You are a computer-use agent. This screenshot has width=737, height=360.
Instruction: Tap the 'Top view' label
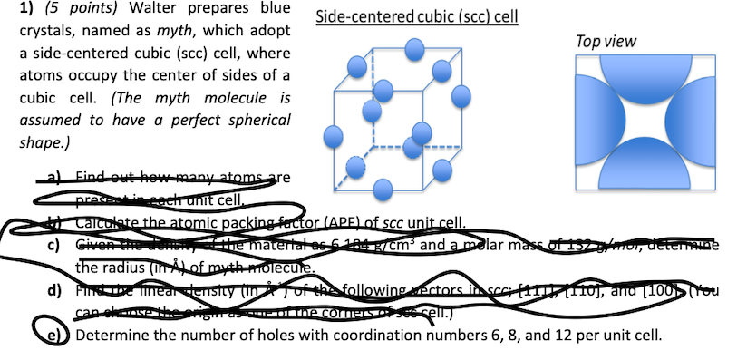[x=606, y=42]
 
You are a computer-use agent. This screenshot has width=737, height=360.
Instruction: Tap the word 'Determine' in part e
[x=113, y=335]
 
